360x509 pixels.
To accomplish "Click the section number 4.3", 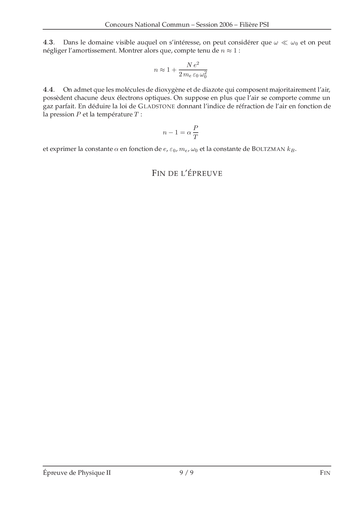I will tap(48, 42).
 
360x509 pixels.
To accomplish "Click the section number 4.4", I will tap(48, 89).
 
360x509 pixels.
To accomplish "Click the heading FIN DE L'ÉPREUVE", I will tap(187, 174).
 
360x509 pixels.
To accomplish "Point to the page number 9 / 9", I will tap(187, 473).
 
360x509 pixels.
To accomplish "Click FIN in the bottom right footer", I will tap(325, 473).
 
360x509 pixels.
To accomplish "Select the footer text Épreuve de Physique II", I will tap(77, 473).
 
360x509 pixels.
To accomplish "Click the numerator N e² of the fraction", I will tap(193, 65).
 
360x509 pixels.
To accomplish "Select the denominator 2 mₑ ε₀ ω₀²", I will tap(193, 75).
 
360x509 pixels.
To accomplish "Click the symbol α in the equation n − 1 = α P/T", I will tap(189, 133).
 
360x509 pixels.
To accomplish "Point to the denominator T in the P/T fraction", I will tap(196, 137).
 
